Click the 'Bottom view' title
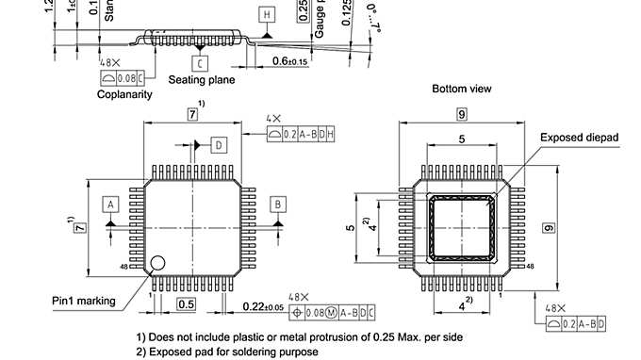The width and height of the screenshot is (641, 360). [x=462, y=89]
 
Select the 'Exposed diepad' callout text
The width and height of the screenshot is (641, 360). [x=579, y=138]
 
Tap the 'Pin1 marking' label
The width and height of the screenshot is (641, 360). [x=84, y=301]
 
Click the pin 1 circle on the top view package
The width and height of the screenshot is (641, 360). [x=160, y=261]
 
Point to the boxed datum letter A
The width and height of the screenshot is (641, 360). [x=110, y=204]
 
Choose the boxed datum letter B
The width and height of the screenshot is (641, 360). [x=277, y=204]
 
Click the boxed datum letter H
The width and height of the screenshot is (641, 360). [x=267, y=15]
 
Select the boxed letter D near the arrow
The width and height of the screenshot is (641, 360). [x=218, y=145]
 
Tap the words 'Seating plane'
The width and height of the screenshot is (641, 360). [x=202, y=80]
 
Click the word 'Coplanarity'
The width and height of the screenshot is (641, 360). [x=125, y=94]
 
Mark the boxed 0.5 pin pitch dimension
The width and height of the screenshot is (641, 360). [x=187, y=303]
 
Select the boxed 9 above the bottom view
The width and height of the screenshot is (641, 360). [x=462, y=114]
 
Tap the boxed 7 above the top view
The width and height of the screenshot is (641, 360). [x=192, y=114]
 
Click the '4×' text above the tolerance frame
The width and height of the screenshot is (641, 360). [x=273, y=119]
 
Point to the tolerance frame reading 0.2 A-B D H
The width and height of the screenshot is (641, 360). [x=301, y=135]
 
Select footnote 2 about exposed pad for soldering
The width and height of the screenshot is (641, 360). [x=227, y=352]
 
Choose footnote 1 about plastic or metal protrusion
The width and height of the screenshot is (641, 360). [x=299, y=336]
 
